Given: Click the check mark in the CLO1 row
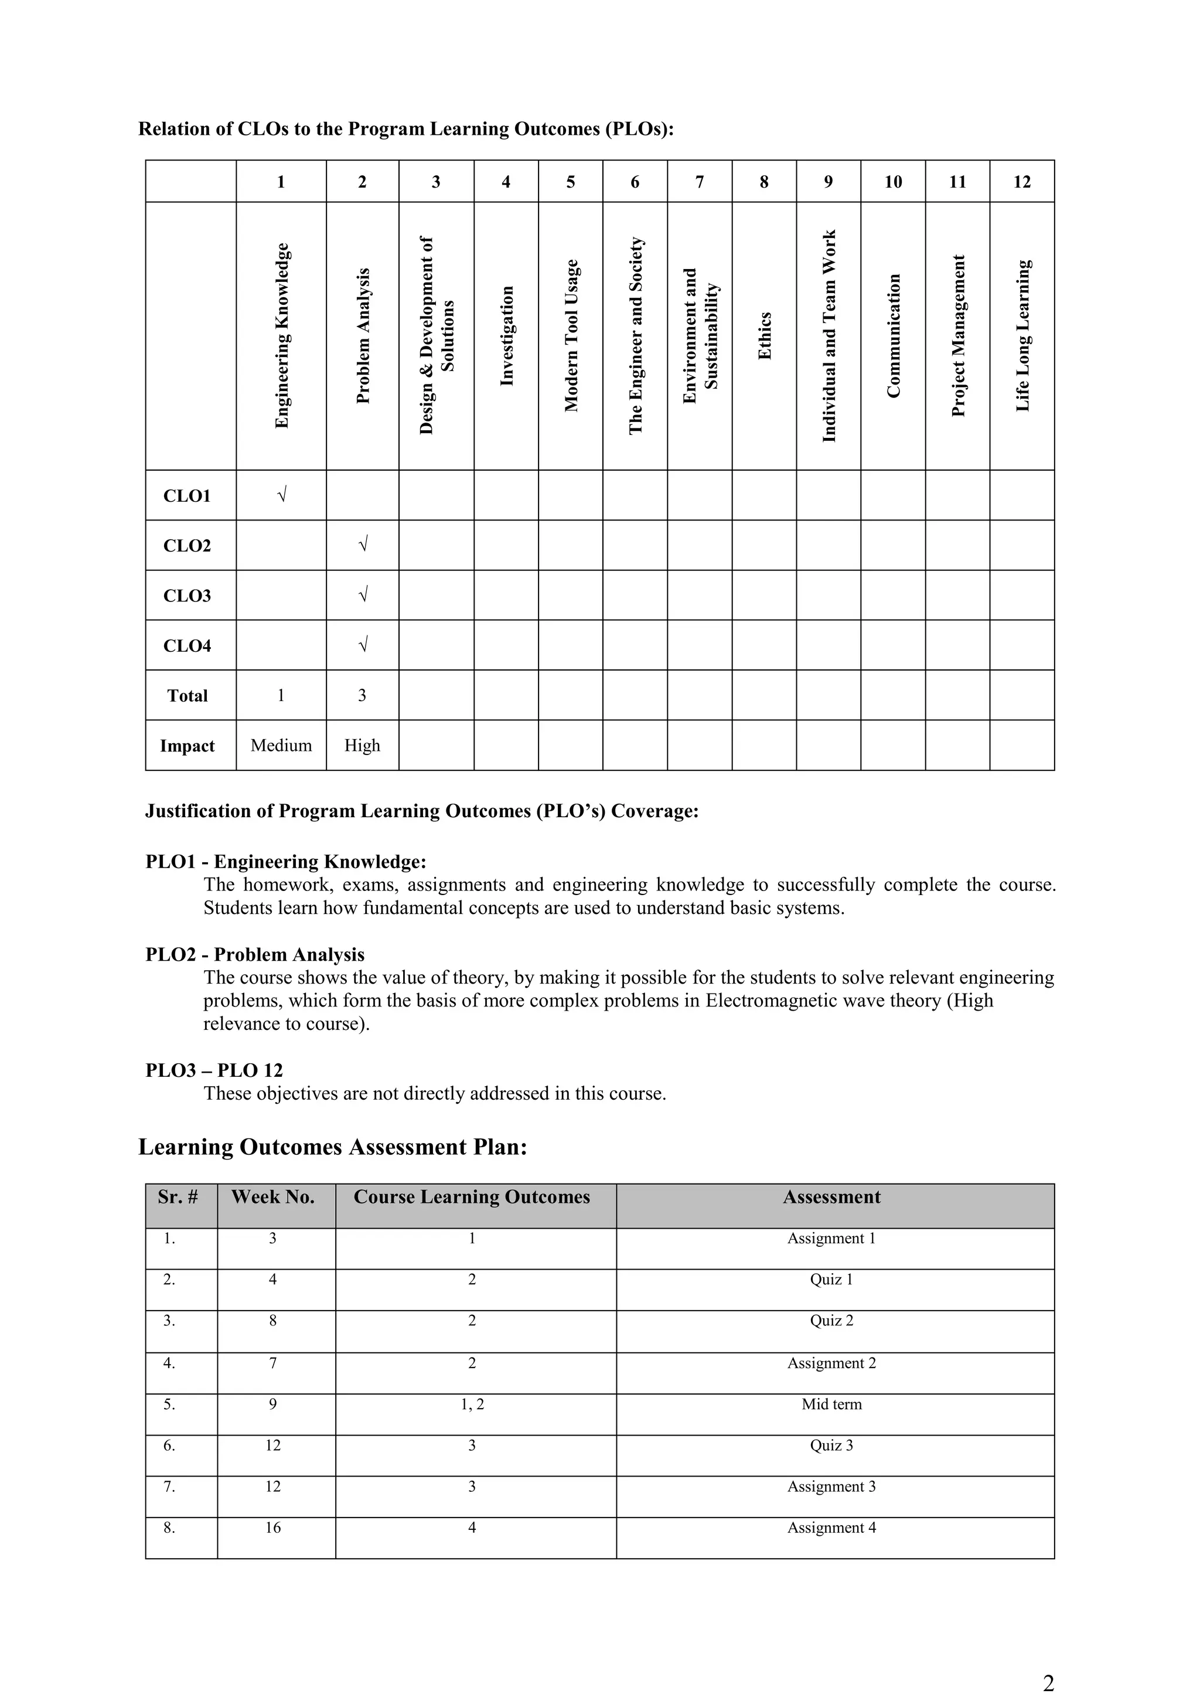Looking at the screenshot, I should (281, 495).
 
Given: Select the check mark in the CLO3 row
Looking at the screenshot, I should (362, 595).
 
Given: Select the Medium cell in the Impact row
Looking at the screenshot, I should (281, 745).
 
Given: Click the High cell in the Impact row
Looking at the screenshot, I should (362, 745).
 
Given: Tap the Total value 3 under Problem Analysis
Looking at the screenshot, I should (362, 695).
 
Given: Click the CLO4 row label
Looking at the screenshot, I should (187, 645).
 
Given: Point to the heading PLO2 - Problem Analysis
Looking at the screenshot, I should (255, 954).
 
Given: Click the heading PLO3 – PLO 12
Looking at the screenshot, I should (214, 1070).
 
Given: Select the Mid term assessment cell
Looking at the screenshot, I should (831, 1404).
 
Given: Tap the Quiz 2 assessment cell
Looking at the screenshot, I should (831, 1321).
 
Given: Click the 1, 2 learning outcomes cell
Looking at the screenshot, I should (472, 1404).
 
